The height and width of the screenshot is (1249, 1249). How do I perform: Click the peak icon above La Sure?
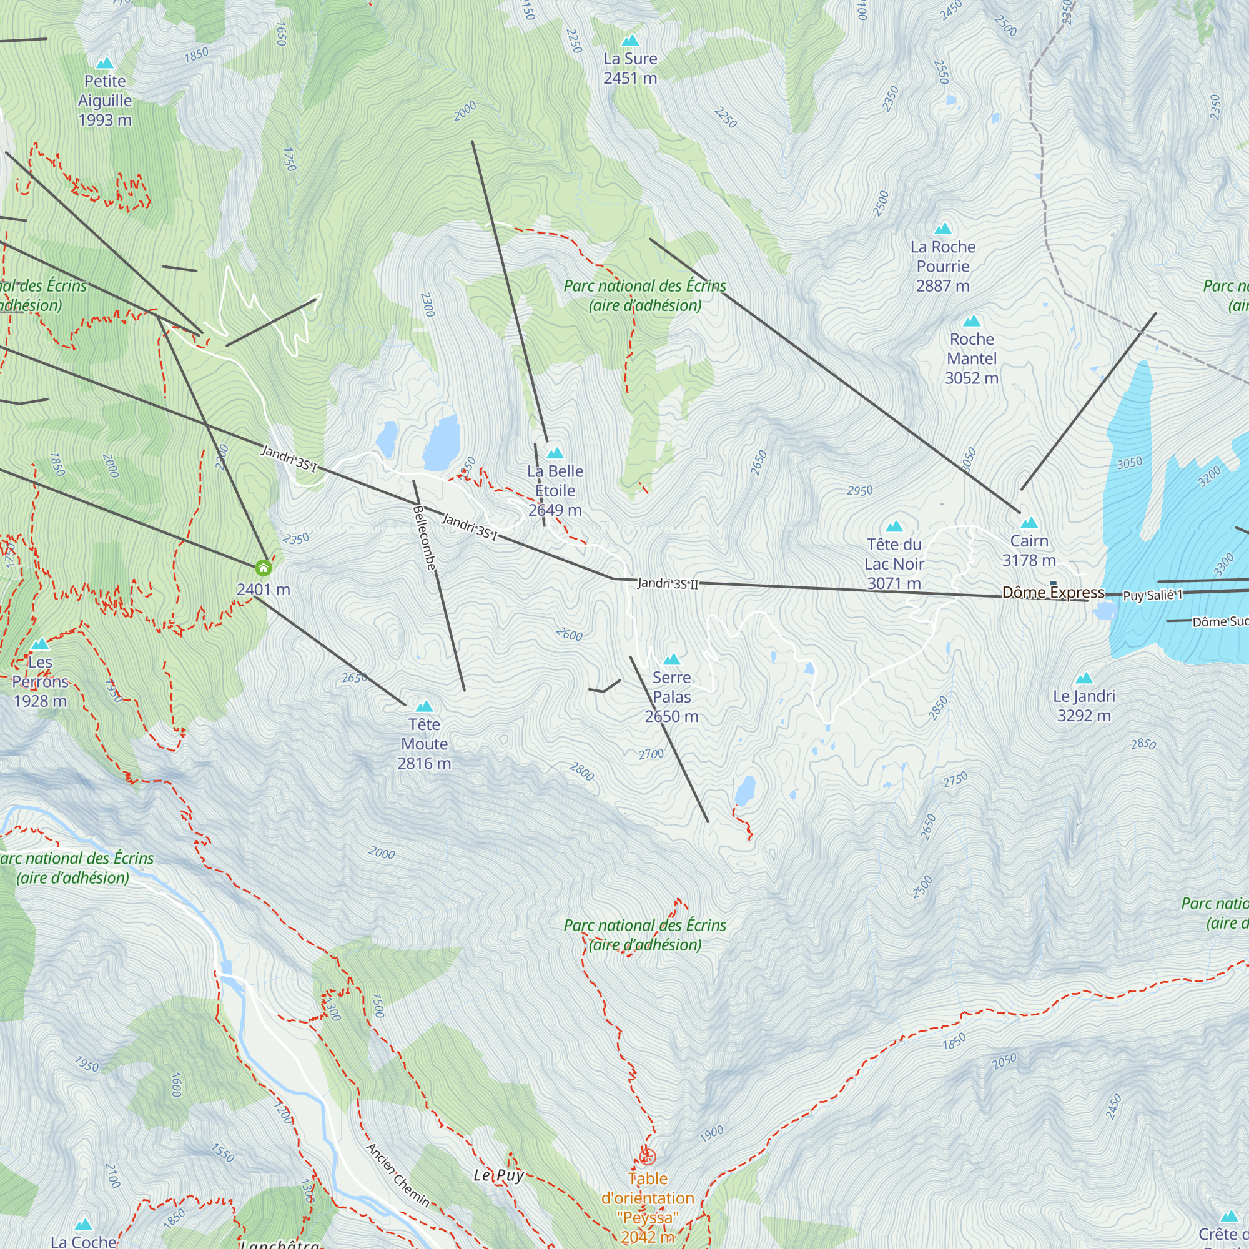[629, 41]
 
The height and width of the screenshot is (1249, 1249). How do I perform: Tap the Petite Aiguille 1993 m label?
[105, 100]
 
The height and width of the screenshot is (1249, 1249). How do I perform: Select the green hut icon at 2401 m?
[263, 568]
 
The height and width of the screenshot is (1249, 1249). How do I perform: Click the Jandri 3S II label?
[668, 584]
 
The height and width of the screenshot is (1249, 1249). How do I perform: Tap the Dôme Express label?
[1053, 592]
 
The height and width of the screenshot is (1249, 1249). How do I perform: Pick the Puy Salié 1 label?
[1153, 595]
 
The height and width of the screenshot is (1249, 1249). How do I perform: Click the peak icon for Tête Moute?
[424, 706]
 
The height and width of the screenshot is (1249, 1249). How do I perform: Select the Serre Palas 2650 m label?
[672, 697]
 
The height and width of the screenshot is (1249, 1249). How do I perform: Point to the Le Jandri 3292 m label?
[1084, 705]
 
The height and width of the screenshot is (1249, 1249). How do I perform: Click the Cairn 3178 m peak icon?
[1029, 522]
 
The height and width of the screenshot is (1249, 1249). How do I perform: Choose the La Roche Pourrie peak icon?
[943, 228]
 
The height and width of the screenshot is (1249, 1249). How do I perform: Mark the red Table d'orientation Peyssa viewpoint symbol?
[648, 1157]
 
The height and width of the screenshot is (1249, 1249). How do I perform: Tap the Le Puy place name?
[498, 1175]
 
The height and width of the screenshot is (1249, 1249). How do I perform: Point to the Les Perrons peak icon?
[40, 644]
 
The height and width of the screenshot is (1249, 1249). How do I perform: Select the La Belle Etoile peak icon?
[555, 453]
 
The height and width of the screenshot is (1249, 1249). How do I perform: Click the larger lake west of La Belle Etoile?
[442, 443]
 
